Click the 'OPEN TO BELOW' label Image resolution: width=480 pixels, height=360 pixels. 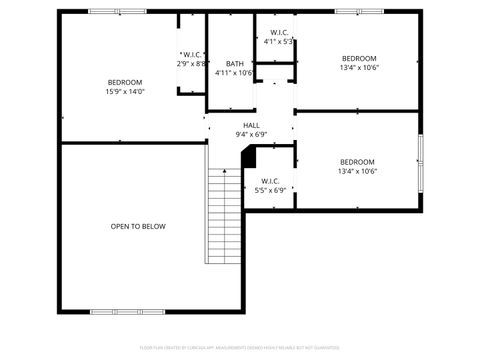point(138,226)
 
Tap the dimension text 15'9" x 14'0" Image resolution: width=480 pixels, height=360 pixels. point(125,92)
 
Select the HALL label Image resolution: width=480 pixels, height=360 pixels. point(251,125)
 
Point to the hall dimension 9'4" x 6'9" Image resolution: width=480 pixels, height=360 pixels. point(251,134)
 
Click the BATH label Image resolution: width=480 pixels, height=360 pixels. point(235,63)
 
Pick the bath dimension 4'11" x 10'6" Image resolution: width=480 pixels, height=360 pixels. point(234,72)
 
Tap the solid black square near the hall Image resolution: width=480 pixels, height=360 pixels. point(250,157)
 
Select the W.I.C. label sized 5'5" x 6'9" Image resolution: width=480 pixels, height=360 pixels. point(270,181)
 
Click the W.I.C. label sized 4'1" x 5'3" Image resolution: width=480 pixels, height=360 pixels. point(279,32)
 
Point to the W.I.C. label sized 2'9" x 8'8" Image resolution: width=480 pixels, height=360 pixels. point(192,54)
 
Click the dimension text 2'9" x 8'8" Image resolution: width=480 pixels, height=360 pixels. point(192,63)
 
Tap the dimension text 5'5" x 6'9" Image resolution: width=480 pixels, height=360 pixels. point(270,190)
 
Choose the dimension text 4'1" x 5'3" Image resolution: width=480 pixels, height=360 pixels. point(278,42)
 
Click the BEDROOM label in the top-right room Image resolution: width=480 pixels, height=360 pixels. point(358,58)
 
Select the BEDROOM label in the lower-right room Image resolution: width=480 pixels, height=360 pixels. point(357,162)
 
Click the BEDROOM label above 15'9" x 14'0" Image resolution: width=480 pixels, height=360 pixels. point(125,82)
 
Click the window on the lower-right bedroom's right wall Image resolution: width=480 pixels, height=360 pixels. point(421,161)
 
